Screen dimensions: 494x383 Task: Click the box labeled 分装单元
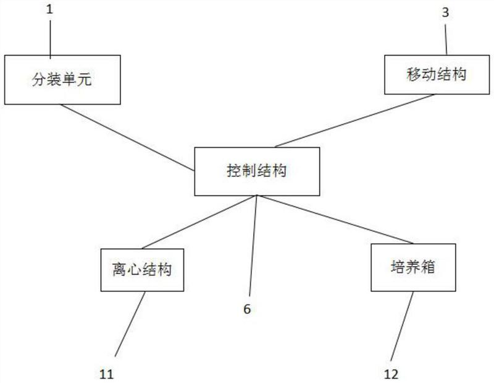point(62,80)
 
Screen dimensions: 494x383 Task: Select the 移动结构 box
point(437,75)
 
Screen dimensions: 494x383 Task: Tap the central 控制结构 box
point(257,171)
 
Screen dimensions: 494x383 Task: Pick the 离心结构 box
point(142,270)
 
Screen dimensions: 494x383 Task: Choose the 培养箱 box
point(413,267)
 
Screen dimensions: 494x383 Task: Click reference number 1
point(49,9)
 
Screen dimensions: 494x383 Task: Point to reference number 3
point(445,12)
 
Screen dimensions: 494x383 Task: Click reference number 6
point(248,309)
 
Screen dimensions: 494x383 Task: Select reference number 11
point(106,374)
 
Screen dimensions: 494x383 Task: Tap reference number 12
point(391,374)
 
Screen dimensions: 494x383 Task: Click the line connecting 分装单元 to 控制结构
point(127,137)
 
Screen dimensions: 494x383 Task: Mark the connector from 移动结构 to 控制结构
point(354,121)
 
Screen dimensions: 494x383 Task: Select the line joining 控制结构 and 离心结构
point(199,222)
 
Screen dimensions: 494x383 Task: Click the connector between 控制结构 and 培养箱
point(335,220)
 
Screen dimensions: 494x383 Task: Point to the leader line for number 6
point(253,246)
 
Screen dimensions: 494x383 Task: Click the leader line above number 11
point(130,324)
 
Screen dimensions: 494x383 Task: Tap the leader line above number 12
point(402,326)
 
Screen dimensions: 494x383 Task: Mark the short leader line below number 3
point(446,40)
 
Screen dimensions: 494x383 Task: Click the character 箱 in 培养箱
point(428,267)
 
